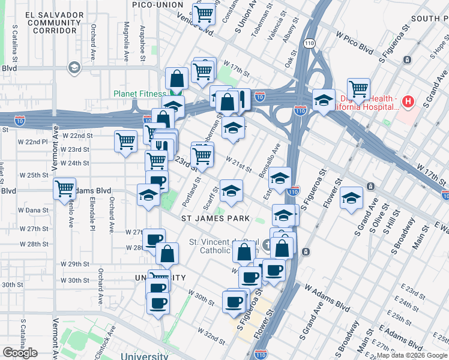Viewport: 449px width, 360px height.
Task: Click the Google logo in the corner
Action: [x=20, y=353]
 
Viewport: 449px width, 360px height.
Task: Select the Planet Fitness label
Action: [x=140, y=94]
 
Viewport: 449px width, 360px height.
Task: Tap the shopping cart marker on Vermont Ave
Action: [x=64, y=188]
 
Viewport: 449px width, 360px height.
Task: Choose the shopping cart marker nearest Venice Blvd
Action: [x=204, y=13]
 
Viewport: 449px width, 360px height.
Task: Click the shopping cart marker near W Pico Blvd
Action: [x=358, y=89]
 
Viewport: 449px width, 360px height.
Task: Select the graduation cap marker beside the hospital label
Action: [x=324, y=100]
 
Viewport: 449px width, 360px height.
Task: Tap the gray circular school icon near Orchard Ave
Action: [x=74, y=67]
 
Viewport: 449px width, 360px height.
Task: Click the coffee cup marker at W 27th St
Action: [x=154, y=238]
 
